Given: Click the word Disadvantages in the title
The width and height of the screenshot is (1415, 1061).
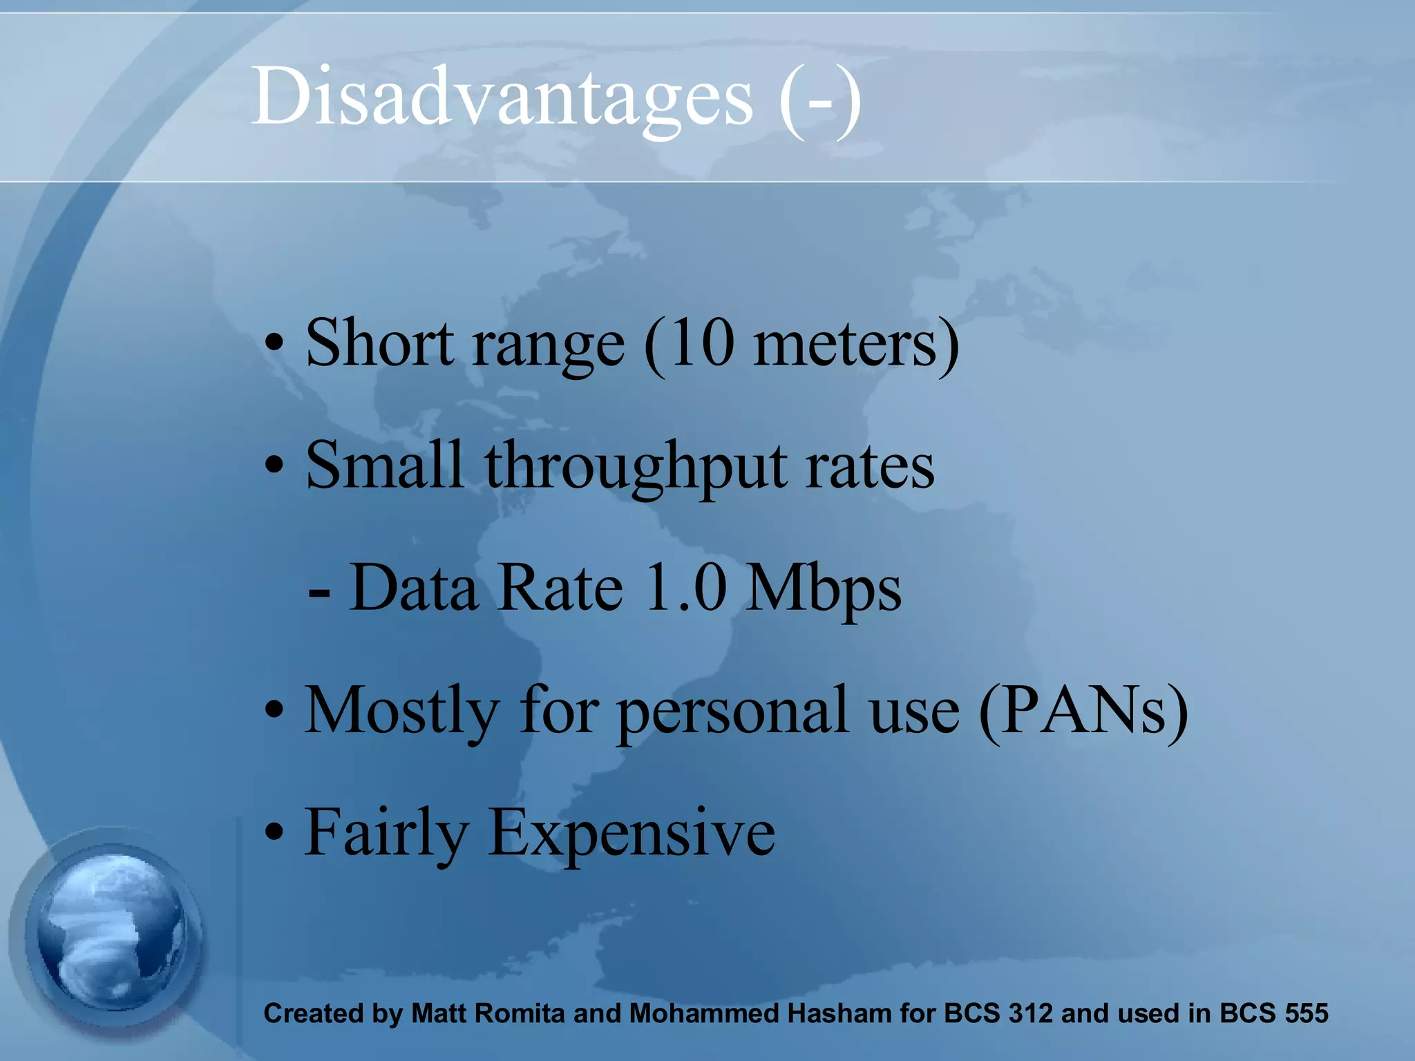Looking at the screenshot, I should (x=502, y=97).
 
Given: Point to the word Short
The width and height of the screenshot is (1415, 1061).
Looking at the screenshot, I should (x=379, y=343).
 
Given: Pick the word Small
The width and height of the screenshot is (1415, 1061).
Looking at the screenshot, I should (x=384, y=466).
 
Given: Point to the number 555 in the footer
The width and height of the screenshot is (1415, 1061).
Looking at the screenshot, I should (x=1306, y=1013).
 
